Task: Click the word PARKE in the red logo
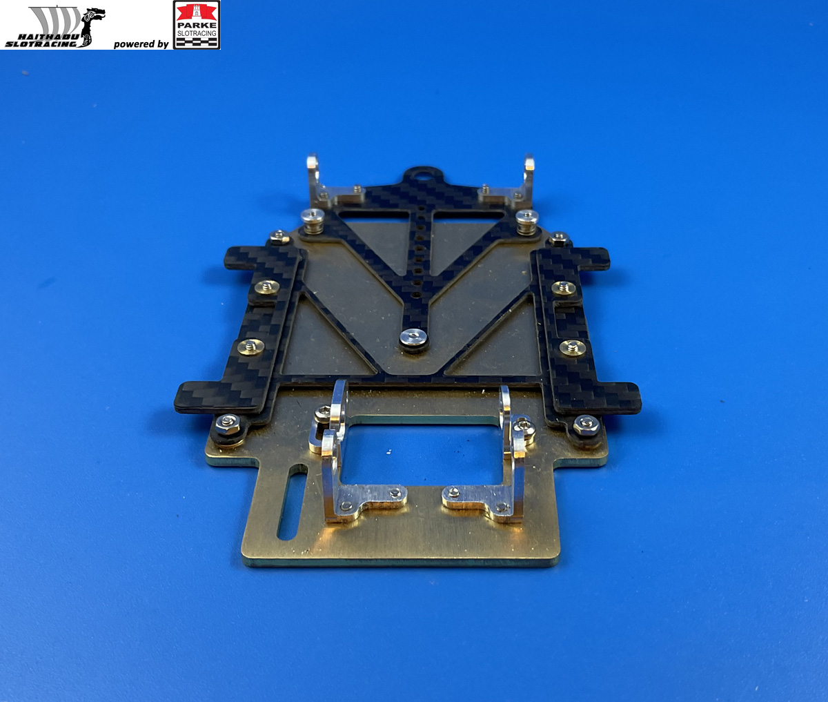tap(197, 25)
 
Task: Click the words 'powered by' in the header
tap(141, 43)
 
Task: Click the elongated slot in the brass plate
tap(292, 502)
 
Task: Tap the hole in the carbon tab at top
tap(420, 175)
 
